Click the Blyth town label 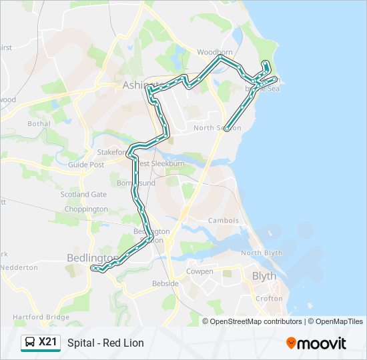coord(264,275)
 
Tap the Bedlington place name coord(92,257)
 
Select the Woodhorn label coord(215,51)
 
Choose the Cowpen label coord(200,271)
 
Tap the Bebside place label coord(165,283)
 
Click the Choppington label coord(86,209)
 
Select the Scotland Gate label coord(83,194)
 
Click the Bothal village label coord(39,123)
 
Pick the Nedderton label coord(19,267)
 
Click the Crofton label coord(269,299)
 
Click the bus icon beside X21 coord(29,343)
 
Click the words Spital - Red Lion coord(105,343)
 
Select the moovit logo coord(316,343)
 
